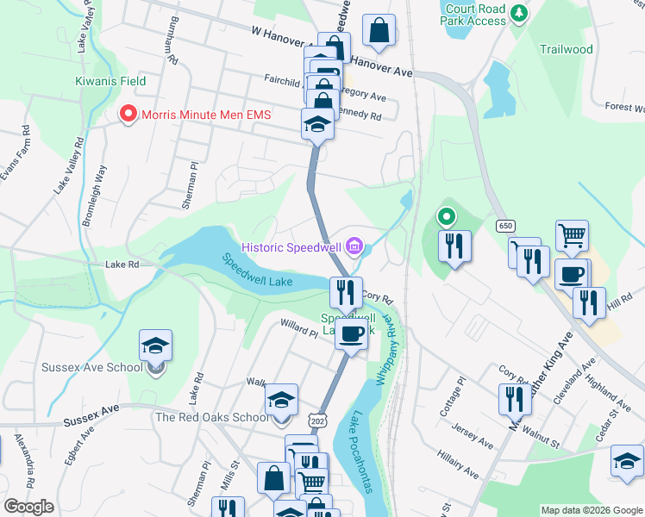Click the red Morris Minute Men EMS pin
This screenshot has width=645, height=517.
click(x=128, y=114)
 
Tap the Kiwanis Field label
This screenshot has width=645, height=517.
click(x=109, y=81)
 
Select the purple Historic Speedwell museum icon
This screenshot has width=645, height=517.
click(x=354, y=248)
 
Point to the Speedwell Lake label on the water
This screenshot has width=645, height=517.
click(x=257, y=271)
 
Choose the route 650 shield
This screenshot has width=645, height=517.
click(x=506, y=226)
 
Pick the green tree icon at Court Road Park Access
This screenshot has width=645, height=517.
click(x=518, y=12)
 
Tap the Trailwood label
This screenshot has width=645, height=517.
click(x=566, y=49)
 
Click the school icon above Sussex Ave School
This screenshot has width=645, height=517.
click(x=156, y=347)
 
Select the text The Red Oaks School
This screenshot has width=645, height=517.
click(x=212, y=418)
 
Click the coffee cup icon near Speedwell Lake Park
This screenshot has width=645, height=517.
click(x=351, y=333)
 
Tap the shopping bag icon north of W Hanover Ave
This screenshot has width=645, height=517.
click(x=379, y=32)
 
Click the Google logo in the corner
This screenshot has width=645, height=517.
click(x=28, y=507)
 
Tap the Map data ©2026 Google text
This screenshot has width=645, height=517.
click(x=591, y=510)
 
